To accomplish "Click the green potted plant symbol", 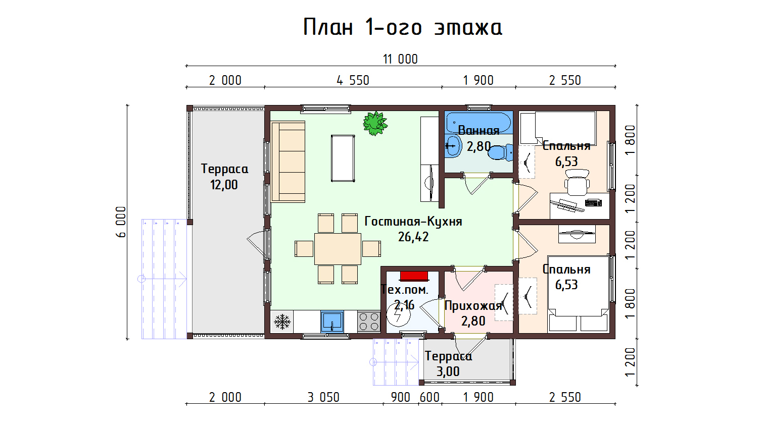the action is tap(375, 123).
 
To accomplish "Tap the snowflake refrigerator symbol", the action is tap(282, 321).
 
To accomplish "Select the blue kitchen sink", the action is tap(332, 321).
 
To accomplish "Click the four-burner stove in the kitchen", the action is tap(369, 321).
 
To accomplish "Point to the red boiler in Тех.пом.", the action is tap(414, 276).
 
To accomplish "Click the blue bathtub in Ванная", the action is tap(479, 123).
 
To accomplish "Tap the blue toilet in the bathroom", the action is tap(501, 153).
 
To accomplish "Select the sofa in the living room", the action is tap(288, 162).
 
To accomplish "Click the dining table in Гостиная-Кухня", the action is tap(338, 249).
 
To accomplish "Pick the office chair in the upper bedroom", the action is tap(577, 183).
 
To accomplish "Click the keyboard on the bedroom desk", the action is tap(593, 203).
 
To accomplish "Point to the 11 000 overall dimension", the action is tap(400, 59).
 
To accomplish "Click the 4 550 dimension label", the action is tap(353, 81).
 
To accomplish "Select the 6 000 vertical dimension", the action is tap(121, 222).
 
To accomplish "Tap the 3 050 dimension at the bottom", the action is tap(323, 397).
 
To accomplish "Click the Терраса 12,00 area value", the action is tap(224, 185).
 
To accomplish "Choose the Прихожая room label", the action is tap(473, 306).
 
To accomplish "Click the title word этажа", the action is tap(468, 28).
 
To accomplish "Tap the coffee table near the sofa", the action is tap(343, 158).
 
